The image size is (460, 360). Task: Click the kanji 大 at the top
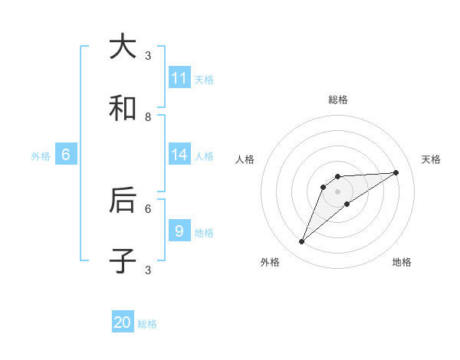(x=123, y=47)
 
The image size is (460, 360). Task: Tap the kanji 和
(x=123, y=109)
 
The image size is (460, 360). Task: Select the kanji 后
(x=123, y=200)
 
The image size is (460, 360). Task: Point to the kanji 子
(x=123, y=261)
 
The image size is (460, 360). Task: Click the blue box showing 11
(x=179, y=78)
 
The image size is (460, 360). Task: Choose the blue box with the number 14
(x=179, y=155)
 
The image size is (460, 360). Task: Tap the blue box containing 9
(x=179, y=231)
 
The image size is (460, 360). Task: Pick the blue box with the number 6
(x=66, y=155)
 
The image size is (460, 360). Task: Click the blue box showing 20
(x=123, y=322)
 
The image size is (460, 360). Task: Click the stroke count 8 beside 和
(x=148, y=116)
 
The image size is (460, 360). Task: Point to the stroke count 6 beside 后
(x=148, y=208)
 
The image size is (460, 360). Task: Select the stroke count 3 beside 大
(x=148, y=55)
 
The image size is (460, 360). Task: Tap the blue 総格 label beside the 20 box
(x=147, y=324)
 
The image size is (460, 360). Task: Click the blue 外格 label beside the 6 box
(x=41, y=156)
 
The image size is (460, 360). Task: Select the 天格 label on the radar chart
(x=431, y=159)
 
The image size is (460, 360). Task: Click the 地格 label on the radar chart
(x=402, y=262)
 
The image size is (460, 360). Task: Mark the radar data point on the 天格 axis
(x=396, y=172)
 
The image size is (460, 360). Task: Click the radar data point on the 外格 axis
(x=302, y=242)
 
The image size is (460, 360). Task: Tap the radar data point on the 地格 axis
(x=347, y=203)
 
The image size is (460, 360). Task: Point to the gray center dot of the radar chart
(x=337, y=191)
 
